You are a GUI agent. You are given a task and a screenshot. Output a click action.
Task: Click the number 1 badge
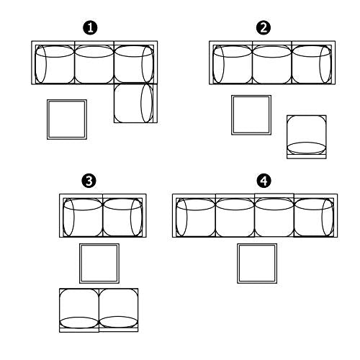tap(90, 28)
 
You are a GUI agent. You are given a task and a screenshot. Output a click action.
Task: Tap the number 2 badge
tap(264, 28)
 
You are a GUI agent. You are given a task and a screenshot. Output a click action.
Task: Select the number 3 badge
tap(89, 181)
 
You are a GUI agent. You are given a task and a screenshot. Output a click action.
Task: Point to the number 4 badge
tap(264, 181)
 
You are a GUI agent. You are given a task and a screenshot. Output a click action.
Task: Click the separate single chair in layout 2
tap(307, 137)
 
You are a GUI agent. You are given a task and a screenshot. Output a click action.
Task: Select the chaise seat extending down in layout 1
tap(135, 104)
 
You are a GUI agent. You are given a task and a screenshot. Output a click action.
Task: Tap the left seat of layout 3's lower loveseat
tap(79, 310)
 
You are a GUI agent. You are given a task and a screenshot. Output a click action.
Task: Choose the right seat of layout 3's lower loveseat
tap(119, 310)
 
